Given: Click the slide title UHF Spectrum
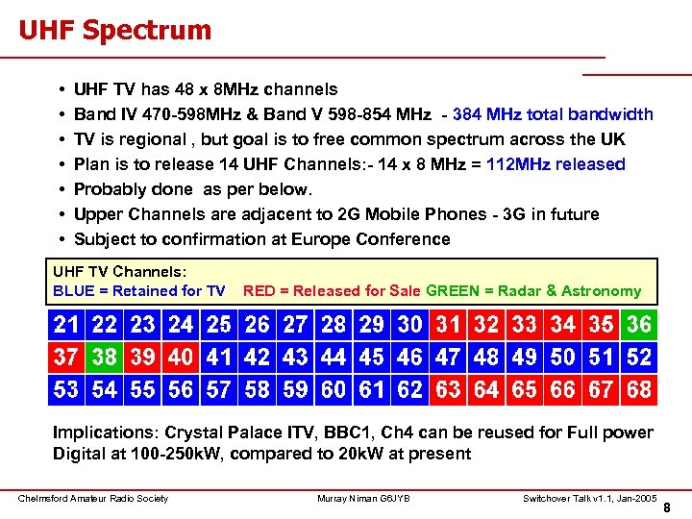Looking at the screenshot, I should pos(114,30).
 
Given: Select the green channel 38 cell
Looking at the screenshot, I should pos(104,358).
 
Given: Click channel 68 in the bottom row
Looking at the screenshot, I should pos(638,389).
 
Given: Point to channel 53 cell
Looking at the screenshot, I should pos(66,389).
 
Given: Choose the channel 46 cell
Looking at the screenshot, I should pos(409,358).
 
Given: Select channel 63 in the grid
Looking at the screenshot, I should pos(448,389).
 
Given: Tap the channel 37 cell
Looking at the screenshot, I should pos(66,358).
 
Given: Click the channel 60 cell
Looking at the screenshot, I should pos(334,389).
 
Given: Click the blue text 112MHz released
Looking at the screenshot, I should pos(556,164).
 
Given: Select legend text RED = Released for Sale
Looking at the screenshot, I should pos(333,290).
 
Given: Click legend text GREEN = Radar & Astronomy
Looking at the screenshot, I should pos(533,290).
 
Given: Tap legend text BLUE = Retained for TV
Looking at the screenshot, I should pos(139,290).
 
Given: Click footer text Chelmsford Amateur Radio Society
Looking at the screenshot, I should pos(93,498).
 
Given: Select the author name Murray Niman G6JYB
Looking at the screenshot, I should pos(363,498).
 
